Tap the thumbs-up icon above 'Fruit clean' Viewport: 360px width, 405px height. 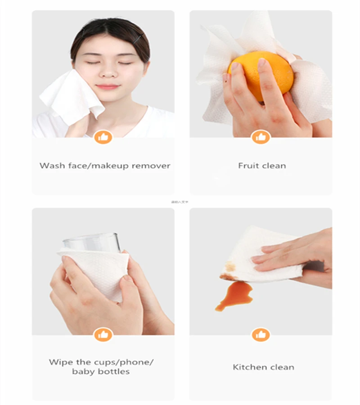point(261,137)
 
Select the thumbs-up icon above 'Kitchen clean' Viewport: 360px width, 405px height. point(261,335)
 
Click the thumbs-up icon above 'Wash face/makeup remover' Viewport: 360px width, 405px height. point(103,137)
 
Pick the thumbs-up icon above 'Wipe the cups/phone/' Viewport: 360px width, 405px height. point(103,335)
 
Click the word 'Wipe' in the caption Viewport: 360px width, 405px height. point(60,362)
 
